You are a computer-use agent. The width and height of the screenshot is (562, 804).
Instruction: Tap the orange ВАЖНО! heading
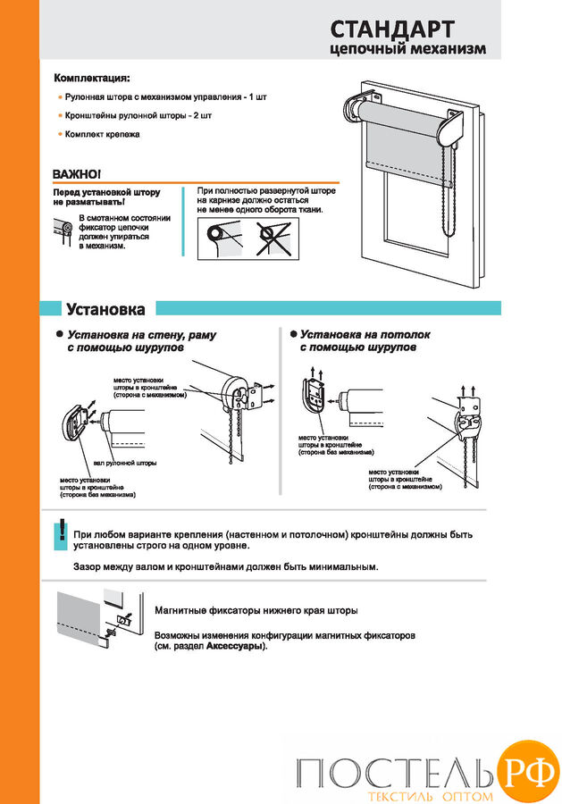point(77,173)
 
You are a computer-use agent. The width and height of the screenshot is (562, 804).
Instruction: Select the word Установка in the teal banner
point(105,309)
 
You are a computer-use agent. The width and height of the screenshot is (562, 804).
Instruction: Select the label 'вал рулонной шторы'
point(125,464)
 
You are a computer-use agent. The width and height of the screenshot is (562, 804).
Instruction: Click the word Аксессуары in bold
point(235,646)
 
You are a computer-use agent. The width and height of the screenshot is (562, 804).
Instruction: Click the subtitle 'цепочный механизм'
point(407,50)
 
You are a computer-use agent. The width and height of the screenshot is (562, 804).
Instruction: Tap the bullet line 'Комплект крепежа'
point(102,134)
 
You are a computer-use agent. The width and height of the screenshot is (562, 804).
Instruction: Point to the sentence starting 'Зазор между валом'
point(225,566)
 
